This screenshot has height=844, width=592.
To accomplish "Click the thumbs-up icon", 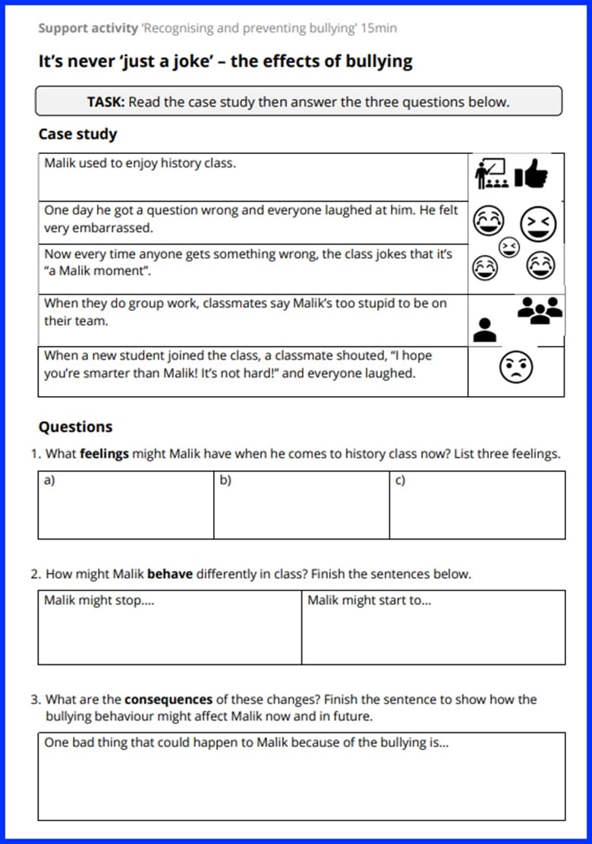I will tap(531, 175).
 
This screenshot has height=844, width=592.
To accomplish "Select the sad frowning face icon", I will tap(515, 368).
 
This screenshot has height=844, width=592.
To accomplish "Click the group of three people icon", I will tap(540, 310).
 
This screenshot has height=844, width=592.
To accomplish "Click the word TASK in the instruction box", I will tap(105, 102).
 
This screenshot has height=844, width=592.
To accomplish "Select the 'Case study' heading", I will tap(77, 134).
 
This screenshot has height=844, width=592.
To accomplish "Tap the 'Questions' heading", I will tap(75, 427).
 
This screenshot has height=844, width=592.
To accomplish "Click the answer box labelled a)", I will tap(125, 505).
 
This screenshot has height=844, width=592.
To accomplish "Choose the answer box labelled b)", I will tap(301, 505).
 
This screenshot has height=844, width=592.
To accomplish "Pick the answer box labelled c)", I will tap(477, 505).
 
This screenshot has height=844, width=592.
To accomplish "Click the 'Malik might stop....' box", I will tap(169, 627).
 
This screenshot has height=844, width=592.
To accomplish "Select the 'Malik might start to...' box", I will tap(433, 627).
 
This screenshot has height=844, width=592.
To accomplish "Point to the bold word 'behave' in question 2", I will tap(169, 574).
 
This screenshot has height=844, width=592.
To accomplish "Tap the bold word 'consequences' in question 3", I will tap(168, 699).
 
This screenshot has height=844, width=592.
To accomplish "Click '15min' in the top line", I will tap(379, 28).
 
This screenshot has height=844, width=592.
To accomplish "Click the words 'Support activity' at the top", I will tap(87, 28).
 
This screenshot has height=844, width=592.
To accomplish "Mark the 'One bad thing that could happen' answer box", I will tap(301, 776).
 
